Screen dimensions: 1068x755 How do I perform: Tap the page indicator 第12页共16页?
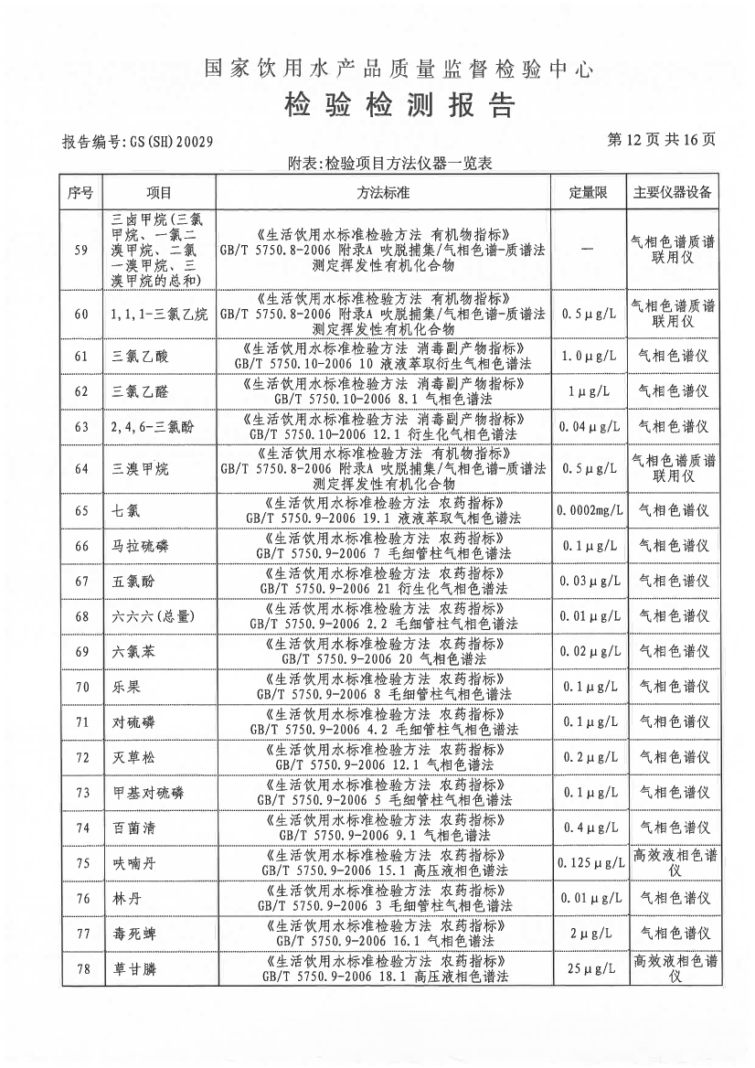click(661, 140)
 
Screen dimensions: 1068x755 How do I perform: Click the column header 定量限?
click(589, 193)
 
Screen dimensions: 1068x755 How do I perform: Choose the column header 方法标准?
click(383, 193)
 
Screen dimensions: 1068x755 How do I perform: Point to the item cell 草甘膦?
click(133, 968)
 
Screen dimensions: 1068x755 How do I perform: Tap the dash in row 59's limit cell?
click(588, 249)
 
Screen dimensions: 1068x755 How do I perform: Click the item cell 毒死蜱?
click(133, 934)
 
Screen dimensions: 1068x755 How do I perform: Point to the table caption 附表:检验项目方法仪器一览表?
click(389, 164)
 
